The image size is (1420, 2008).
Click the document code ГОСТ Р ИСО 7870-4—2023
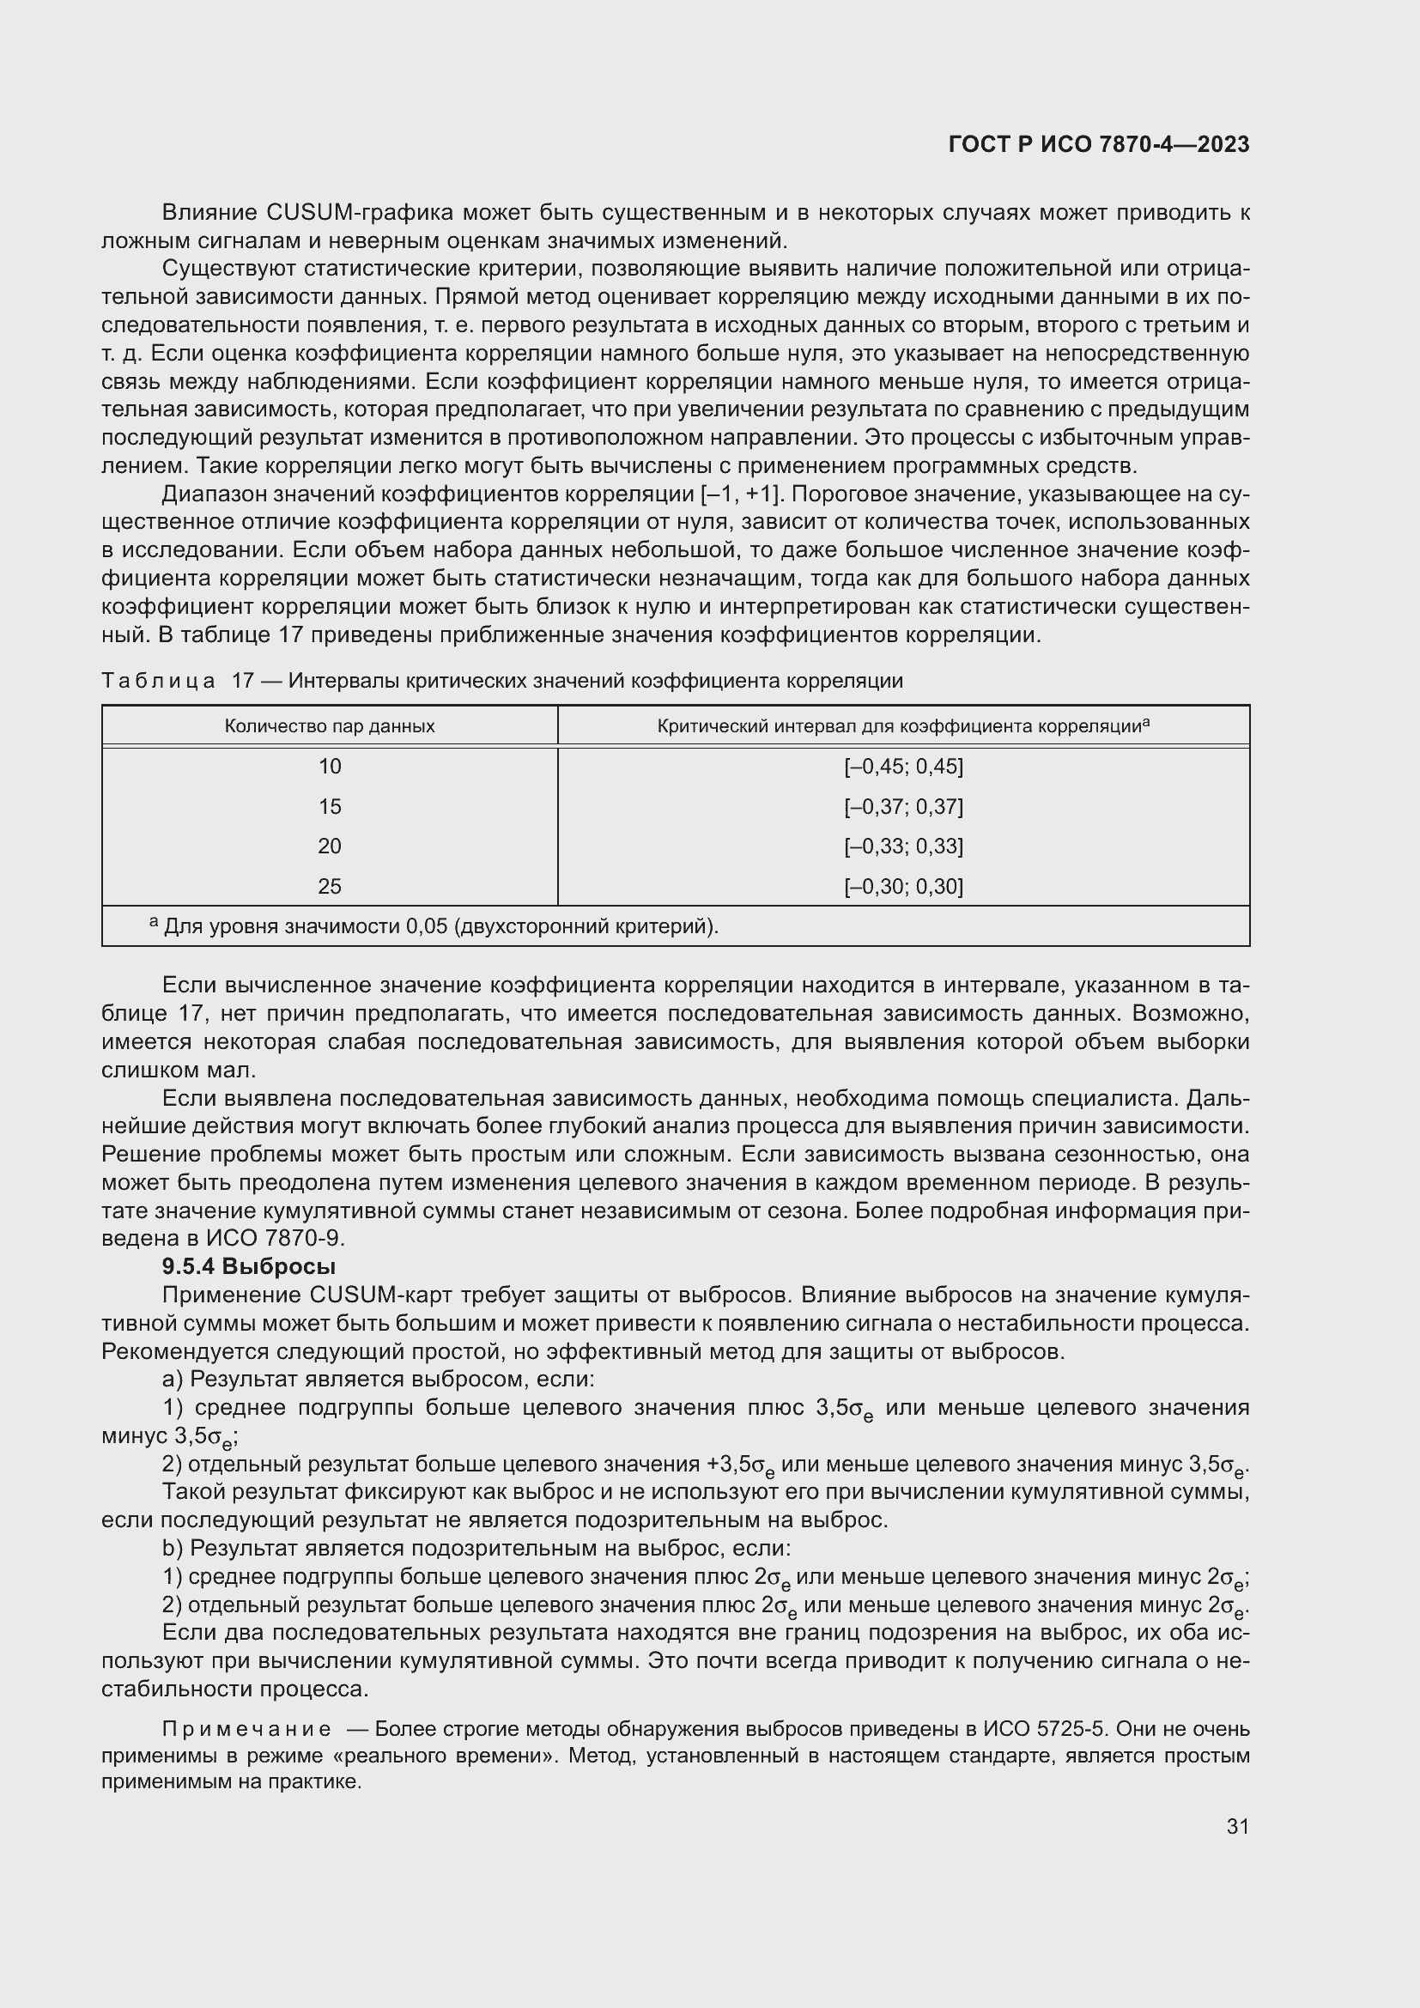pyautogui.click(x=1098, y=145)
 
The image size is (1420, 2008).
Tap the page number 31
pyautogui.click(x=1237, y=1826)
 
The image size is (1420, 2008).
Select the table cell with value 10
pyautogui.click(x=330, y=767)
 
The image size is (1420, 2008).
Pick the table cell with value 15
pyautogui.click(x=330, y=806)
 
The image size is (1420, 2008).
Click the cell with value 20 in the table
pyautogui.click(x=330, y=846)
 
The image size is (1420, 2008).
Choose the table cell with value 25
pyautogui.click(x=330, y=887)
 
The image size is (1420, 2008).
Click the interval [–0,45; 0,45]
pyautogui.click(x=903, y=767)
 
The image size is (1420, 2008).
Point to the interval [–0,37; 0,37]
pyautogui.click(x=903, y=806)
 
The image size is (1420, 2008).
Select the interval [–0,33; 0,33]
pyautogui.click(x=903, y=846)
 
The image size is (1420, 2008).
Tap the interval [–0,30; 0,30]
pyautogui.click(x=903, y=887)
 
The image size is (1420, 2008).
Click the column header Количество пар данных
pyautogui.click(x=330, y=726)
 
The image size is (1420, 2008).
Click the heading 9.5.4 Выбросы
pyautogui.click(x=249, y=1266)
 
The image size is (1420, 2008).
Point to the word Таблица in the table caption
pyautogui.click(x=157, y=682)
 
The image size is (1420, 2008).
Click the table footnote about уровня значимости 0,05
pyautogui.click(x=437, y=926)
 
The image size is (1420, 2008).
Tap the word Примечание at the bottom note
pyautogui.click(x=246, y=1729)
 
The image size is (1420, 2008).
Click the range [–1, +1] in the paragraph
pyautogui.click(x=740, y=495)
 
